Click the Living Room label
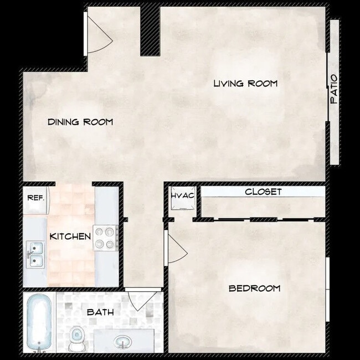click(x=245, y=84)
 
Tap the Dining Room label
click(x=80, y=122)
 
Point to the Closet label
click(x=263, y=192)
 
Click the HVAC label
click(x=182, y=196)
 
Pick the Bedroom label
click(x=254, y=288)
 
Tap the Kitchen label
click(x=70, y=236)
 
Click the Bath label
click(x=100, y=312)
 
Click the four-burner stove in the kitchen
click(x=105, y=238)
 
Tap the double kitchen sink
click(x=35, y=254)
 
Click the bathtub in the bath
click(x=39, y=322)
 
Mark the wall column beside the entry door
click(x=150, y=30)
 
